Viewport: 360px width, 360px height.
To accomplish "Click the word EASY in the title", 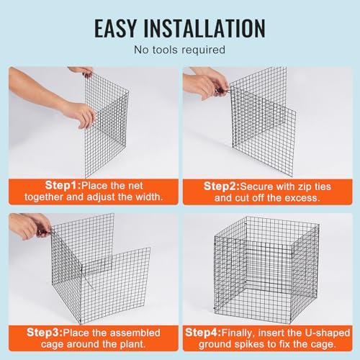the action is click(115, 28).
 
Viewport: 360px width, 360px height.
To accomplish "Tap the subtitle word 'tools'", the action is click(166, 50).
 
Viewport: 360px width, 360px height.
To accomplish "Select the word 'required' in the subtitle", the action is click(203, 50).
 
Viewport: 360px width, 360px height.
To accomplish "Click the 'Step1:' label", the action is click(63, 186).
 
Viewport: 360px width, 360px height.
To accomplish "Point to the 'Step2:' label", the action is click(222, 186).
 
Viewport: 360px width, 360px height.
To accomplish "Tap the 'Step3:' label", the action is click(45, 333).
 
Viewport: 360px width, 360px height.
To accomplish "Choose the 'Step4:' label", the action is click(203, 333).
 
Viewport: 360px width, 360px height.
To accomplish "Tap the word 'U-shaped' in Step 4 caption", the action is click(328, 333).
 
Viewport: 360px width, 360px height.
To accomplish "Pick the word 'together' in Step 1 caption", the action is click(44, 197).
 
